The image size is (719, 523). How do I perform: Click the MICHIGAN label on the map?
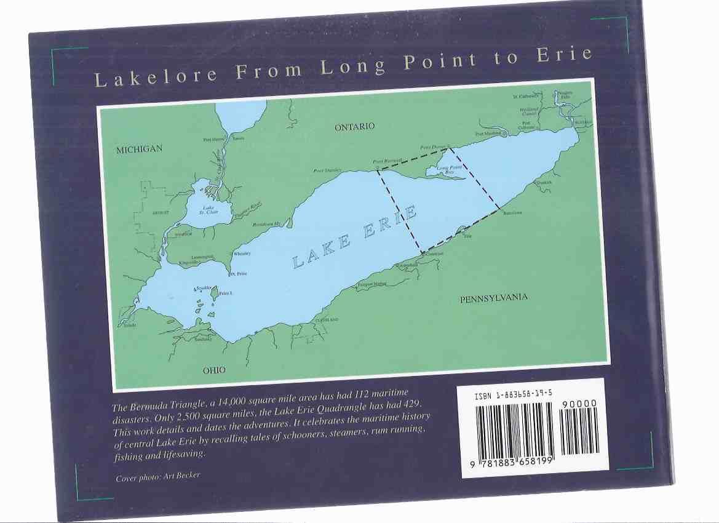tap(140, 150)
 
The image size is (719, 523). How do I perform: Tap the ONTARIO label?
tap(354, 127)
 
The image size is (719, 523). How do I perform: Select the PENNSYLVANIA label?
tap(494, 298)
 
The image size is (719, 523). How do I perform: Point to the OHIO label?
tap(214, 370)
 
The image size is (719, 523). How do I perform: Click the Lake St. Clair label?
tap(209, 210)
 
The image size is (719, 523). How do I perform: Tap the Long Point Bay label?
tap(450, 169)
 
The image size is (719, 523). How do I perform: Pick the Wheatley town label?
tap(242, 254)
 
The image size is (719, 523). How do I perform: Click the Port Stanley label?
tap(327, 170)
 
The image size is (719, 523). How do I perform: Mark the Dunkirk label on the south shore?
tap(544, 183)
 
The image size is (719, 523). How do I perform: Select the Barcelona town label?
tap(512, 213)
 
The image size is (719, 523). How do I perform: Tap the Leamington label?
tap(202, 256)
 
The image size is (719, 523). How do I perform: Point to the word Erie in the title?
tap(565, 55)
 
